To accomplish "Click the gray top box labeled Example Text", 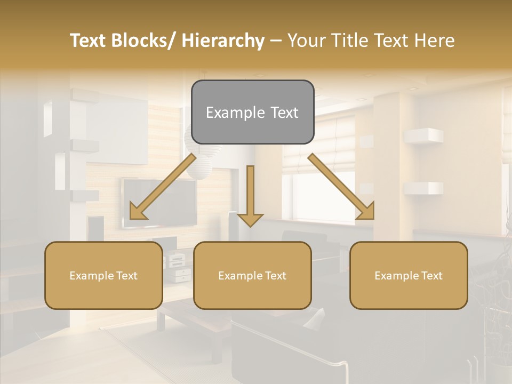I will pyautogui.click(x=252, y=112).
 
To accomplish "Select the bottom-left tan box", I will pyautogui.click(x=103, y=275).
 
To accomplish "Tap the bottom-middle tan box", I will pyautogui.click(x=252, y=275).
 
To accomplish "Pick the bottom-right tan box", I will pyautogui.click(x=409, y=275).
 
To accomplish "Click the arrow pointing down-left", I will pyautogui.click(x=163, y=187).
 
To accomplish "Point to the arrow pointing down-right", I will pyautogui.click(x=341, y=187).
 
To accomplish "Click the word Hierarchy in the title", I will pyautogui.click(x=223, y=41).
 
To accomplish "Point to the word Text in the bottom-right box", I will pyautogui.click(x=431, y=275).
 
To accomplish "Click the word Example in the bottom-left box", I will pyautogui.click(x=91, y=276).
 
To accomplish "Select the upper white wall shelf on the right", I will pyautogui.click(x=423, y=136).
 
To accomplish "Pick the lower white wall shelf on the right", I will pyautogui.click(x=423, y=188).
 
